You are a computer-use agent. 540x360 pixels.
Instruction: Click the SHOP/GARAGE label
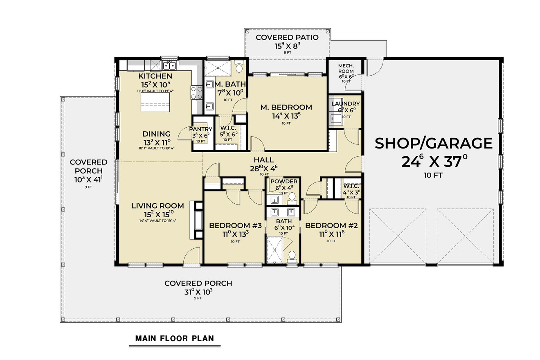click(434, 143)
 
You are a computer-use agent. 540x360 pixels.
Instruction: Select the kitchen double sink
click(169, 65)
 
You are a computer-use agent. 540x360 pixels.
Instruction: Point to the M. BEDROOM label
click(286, 107)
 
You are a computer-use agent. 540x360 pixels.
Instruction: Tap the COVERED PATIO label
click(287, 38)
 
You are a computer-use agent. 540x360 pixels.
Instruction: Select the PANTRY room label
click(200, 129)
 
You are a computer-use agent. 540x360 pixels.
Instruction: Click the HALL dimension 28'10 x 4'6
click(263, 168)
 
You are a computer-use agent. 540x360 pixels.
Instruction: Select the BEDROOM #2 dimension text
click(331, 235)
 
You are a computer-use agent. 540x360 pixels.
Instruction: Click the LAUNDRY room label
click(345, 104)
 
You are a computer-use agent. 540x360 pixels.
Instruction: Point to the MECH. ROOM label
click(346, 68)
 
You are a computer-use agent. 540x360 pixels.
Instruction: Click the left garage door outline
click(397, 236)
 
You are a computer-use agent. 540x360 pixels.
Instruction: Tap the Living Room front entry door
click(191, 257)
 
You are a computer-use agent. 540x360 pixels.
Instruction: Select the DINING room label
click(156, 134)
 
